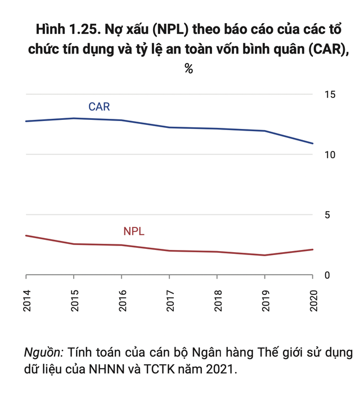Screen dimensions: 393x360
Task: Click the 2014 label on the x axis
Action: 26,302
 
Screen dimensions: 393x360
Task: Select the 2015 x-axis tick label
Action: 74,302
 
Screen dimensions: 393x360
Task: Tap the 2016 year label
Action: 122,302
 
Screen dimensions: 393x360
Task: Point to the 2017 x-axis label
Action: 170,302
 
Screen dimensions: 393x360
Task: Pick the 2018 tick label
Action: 218,302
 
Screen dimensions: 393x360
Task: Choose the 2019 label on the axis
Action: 265,302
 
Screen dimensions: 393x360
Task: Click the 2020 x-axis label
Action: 313,302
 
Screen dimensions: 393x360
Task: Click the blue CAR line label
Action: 98,107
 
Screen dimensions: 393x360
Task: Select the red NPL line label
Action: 134,231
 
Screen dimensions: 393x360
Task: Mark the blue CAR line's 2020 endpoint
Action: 313,143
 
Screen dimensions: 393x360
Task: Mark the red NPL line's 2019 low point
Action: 265,255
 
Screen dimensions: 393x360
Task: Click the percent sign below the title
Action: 189,69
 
